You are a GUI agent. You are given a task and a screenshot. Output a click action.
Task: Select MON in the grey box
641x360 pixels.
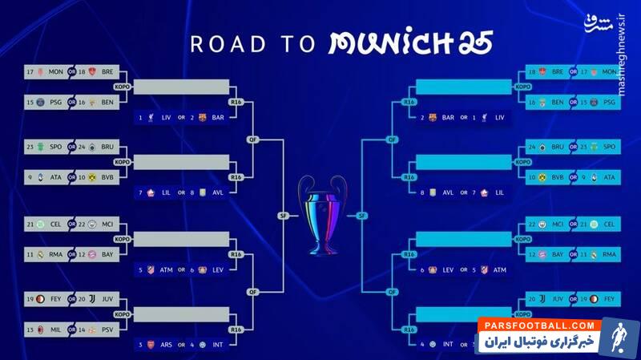click(55, 72)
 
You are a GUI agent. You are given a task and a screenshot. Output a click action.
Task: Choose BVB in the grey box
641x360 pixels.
click(107, 176)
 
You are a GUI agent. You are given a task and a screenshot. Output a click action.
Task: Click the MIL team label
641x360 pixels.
click(55, 329)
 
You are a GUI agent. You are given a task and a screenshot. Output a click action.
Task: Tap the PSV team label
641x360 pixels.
click(107, 329)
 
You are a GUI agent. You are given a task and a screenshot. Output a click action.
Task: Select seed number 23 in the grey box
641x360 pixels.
click(30, 147)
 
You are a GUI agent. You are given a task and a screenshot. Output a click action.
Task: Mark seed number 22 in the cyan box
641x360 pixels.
click(532, 224)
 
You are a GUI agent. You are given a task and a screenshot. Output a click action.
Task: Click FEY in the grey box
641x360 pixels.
click(55, 298)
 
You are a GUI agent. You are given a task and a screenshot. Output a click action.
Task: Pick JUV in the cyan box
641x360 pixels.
click(558, 298)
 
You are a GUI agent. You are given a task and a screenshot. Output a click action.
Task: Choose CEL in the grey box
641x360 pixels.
click(55, 224)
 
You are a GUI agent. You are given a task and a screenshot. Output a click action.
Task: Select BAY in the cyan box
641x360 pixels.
click(558, 254)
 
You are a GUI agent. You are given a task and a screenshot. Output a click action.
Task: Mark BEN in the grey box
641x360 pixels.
click(107, 103)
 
